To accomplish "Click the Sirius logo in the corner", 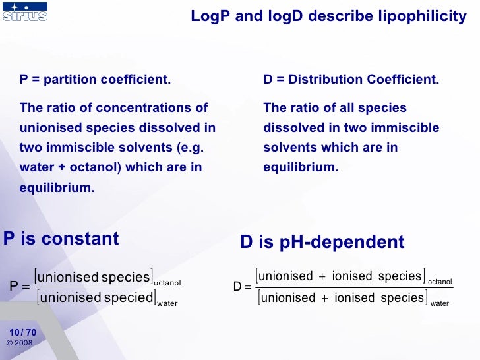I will pyautogui.click(x=25, y=12).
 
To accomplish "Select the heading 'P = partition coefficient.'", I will pyautogui.click(x=95, y=80).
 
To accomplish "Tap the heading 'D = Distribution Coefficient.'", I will pyautogui.click(x=351, y=80).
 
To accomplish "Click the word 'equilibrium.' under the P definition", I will pyautogui.click(x=57, y=187).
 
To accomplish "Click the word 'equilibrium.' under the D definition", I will pyautogui.click(x=301, y=167).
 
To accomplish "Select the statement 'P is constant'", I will pyautogui.click(x=61, y=239).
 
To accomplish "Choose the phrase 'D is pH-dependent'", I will pyautogui.click(x=322, y=242).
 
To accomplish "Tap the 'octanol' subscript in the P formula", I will pyautogui.click(x=167, y=283).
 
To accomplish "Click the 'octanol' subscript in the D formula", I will pyautogui.click(x=440, y=282).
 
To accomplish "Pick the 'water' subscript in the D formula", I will pyautogui.click(x=439, y=304).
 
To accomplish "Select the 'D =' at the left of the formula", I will pyautogui.click(x=243, y=287).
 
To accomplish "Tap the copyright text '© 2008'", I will pyautogui.click(x=19, y=343).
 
